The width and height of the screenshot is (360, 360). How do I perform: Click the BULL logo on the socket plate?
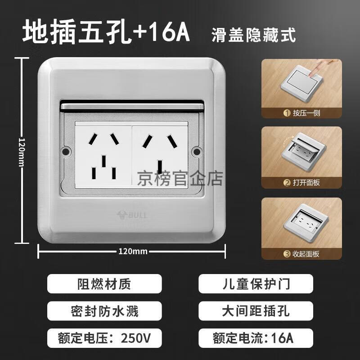point(132,215)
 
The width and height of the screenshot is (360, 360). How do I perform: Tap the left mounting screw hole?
point(66,152)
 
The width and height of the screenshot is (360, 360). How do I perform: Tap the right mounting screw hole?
point(197,152)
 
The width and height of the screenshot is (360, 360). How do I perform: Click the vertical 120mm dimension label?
point(21,152)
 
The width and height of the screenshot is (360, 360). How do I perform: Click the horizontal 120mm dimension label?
point(133,252)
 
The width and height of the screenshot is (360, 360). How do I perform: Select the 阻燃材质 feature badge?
point(104,284)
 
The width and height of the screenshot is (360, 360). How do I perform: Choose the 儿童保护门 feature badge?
point(256,284)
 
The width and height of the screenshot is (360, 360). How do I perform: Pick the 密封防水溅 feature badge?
point(104,311)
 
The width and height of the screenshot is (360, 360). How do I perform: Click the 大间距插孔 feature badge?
point(256,311)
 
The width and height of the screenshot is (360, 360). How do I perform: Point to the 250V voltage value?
point(136,338)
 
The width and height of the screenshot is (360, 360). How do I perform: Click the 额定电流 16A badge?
point(256,338)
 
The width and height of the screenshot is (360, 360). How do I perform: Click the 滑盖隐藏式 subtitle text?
point(254,35)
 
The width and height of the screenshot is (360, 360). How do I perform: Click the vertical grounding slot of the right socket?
point(160,167)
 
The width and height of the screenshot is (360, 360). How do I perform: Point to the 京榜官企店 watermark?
point(180,179)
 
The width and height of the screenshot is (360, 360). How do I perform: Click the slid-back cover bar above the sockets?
point(132,106)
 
